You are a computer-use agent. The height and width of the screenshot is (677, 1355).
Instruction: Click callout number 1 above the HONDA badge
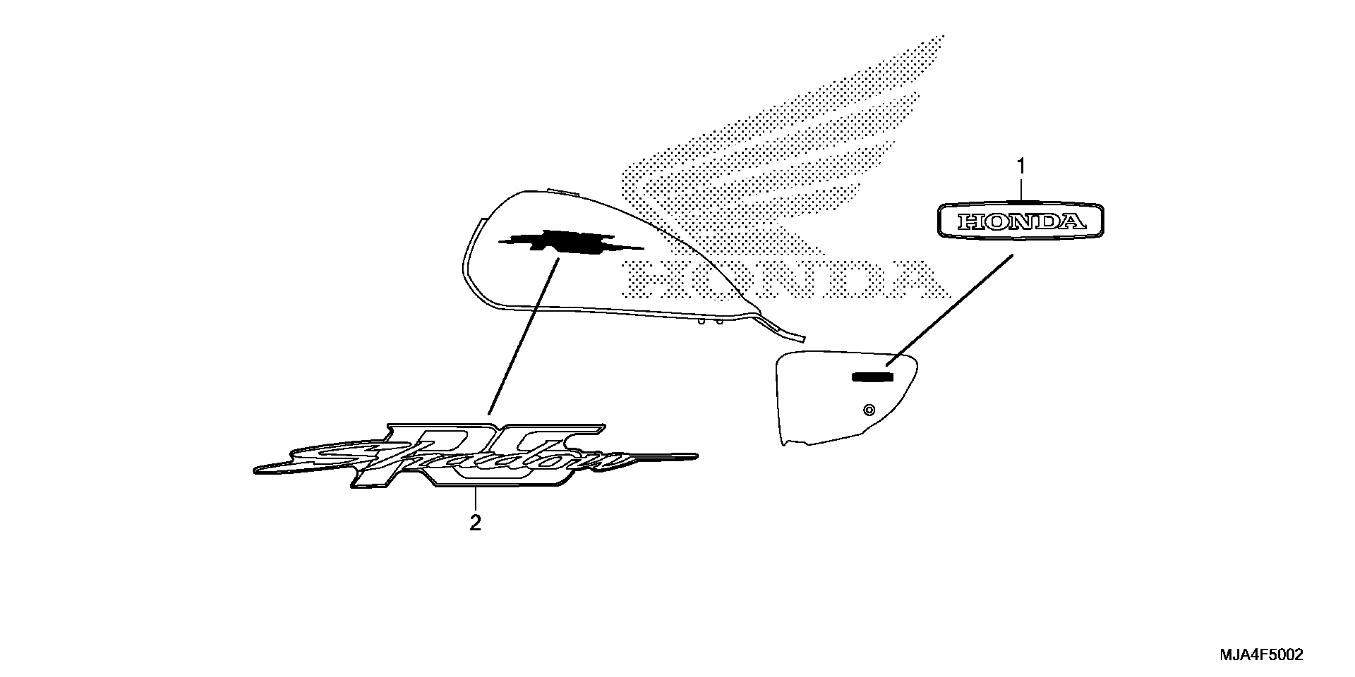1021,167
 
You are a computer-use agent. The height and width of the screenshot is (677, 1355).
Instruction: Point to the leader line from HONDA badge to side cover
949,310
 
